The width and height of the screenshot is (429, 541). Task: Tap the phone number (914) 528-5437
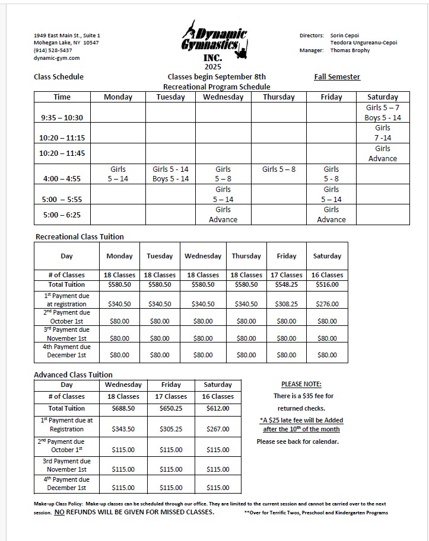point(53,50)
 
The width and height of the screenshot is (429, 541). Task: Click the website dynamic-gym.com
point(57,58)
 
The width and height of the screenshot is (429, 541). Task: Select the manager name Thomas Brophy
point(349,50)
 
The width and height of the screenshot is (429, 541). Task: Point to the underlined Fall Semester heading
point(337,76)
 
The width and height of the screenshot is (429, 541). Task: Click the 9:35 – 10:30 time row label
point(62,117)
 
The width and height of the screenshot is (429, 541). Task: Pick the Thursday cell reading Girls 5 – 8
point(279,169)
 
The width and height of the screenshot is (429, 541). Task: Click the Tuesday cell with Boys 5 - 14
point(170,179)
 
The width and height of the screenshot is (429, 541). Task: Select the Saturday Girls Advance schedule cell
point(383,153)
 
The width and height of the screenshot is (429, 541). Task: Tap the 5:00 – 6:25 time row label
point(62,215)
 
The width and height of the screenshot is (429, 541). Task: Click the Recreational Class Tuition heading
point(80,236)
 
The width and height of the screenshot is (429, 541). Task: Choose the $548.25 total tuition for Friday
point(287,284)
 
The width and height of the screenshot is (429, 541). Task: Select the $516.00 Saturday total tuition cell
point(327,284)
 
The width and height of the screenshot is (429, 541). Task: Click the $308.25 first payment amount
point(287,304)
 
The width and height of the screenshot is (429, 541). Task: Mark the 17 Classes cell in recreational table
point(287,275)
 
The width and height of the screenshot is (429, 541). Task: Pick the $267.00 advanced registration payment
point(218,429)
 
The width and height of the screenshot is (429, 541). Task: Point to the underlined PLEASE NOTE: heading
point(301,384)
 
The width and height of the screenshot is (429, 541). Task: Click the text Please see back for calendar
point(298,441)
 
